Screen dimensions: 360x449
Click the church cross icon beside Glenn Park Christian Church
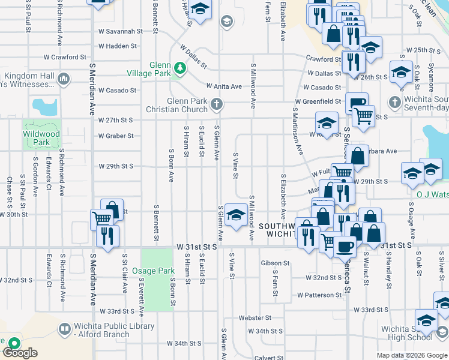pos(217,105)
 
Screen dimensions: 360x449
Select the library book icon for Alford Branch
pos(64,329)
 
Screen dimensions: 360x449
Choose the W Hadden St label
pos(118,46)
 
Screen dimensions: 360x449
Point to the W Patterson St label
pos(319,295)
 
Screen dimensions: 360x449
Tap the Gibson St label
pos(276,263)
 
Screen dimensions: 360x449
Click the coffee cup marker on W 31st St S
pos(345,245)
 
